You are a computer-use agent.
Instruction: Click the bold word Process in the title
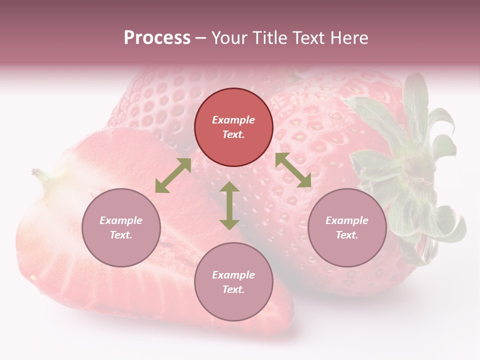157,38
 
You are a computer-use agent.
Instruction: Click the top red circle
233,127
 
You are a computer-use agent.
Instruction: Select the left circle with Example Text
121,227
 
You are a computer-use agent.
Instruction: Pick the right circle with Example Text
347,227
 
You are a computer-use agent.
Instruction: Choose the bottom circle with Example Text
233,281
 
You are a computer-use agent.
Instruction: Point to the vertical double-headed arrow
229,205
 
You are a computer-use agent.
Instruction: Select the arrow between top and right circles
293,170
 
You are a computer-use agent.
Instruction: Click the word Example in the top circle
233,120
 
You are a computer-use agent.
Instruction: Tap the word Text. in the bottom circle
233,289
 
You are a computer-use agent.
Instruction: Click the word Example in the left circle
121,220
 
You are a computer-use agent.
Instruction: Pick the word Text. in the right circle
347,235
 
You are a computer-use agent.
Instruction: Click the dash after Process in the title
201,38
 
